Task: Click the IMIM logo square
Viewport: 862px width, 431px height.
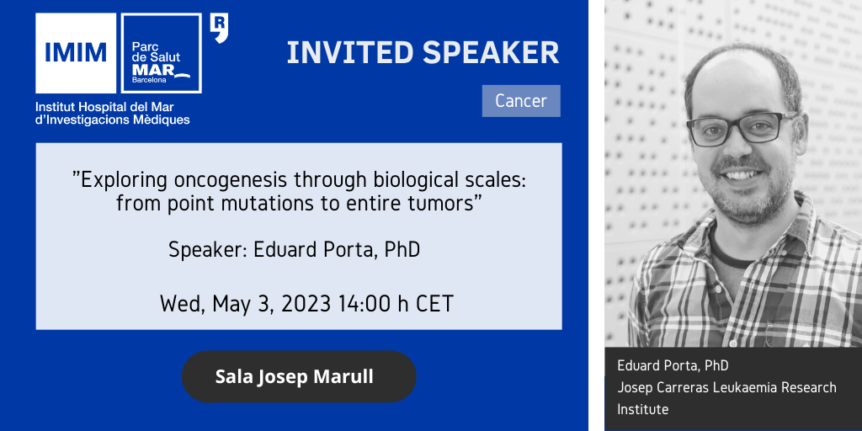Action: tap(76, 53)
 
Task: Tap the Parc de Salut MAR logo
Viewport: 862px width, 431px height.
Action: tap(161, 53)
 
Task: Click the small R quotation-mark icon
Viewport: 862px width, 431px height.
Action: tap(220, 28)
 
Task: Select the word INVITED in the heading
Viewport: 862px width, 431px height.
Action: tap(350, 53)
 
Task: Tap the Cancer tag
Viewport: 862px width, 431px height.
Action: tap(521, 101)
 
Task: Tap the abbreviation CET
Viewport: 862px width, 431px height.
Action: tap(434, 303)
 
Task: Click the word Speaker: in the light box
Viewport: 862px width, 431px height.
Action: tap(208, 250)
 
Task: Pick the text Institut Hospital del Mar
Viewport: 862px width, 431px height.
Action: tap(104, 107)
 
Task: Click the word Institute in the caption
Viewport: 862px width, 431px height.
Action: tap(642, 410)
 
